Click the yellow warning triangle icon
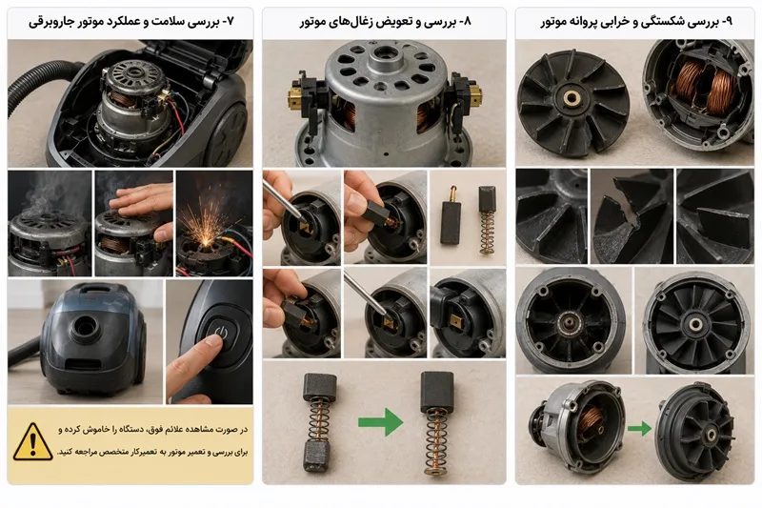point(32,442)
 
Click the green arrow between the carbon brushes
point(380,422)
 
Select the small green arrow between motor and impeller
point(639,429)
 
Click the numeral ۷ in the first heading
point(231,22)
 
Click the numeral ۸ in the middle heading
point(468,22)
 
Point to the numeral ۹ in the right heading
point(728,22)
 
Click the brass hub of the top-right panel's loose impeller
point(569,98)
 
